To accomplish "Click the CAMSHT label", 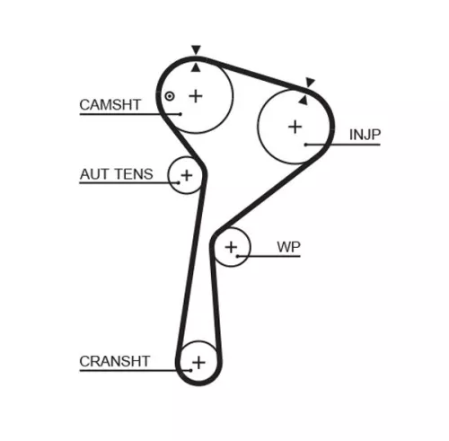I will click(x=110, y=104).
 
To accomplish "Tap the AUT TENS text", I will click(x=116, y=174).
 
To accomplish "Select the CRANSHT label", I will click(x=115, y=361).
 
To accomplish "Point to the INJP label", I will click(x=365, y=136).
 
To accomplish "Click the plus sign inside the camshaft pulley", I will click(x=196, y=95).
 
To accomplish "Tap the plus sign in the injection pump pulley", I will click(x=295, y=126).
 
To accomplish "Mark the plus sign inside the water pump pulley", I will click(x=233, y=245).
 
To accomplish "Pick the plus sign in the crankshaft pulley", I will click(x=198, y=362).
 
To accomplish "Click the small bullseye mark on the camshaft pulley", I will click(x=168, y=96).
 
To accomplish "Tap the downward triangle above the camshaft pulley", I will click(x=196, y=51).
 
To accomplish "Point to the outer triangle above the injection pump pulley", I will click(x=311, y=83).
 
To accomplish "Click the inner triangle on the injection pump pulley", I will click(x=304, y=99).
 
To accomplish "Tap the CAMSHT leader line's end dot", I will click(x=180, y=113).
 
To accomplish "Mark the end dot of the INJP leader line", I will click(x=306, y=144).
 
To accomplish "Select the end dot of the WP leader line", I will click(x=237, y=255).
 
